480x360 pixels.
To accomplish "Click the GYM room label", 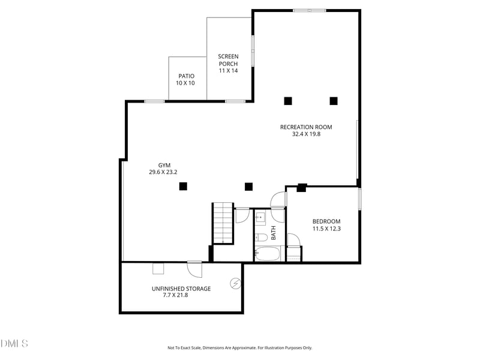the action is pyautogui.click(x=164, y=166).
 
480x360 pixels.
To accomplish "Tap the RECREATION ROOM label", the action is pyautogui.click(x=306, y=127).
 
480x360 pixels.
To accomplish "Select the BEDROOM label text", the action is pyautogui.click(x=326, y=221).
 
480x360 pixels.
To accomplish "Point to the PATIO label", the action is pyautogui.click(x=187, y=76).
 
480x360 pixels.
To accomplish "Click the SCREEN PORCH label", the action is pyautogui.click(x=229, y=60).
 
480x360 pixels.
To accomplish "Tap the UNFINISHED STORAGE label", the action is pyautogui.click(x=181, y=289).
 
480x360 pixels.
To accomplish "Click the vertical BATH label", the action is pyautogui.click(x=274, y=233).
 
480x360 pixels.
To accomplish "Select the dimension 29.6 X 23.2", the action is pyautogui.click(x=163, y=172).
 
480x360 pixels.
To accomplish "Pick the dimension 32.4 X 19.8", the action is pyautogui.click(x=306, y=134).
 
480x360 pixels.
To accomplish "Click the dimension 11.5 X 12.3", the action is pyautogui.click(x=326, y=229).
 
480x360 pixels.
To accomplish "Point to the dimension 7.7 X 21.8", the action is pyautogui.click(x=175, y=295).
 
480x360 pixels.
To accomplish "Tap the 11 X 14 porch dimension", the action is pyautogui.click(x=229, y=70).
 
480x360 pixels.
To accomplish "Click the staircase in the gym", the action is pyautogui.click(x=223, y=223).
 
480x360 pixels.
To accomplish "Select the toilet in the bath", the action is pyautogui.click(x=261, y=237).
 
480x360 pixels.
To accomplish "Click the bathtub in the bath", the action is pyautogui.click(x=268, y=254).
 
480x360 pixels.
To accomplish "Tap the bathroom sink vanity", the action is pyautogui.click(x=261, y=218).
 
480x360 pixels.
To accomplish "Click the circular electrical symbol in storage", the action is pyautogui.click(x=235, y=284).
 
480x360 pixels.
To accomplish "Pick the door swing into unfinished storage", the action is pyautogui.click(x=195, y=270).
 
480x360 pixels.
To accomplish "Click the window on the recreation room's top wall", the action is pyautogui.click(x=310, y=11).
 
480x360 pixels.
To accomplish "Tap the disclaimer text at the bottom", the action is pyautogui.click(x=239, y=348).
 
